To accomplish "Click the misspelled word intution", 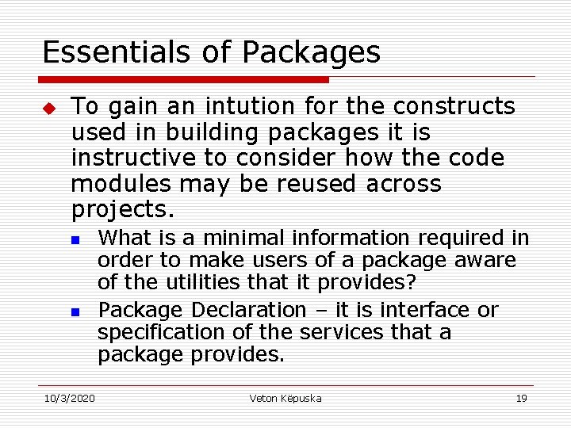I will click(x=228, y=105).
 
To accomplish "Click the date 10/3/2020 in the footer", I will click(x=68, y=398).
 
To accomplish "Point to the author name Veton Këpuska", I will click(x=285, y=398).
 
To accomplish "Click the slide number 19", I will click(x=521, y=398).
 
